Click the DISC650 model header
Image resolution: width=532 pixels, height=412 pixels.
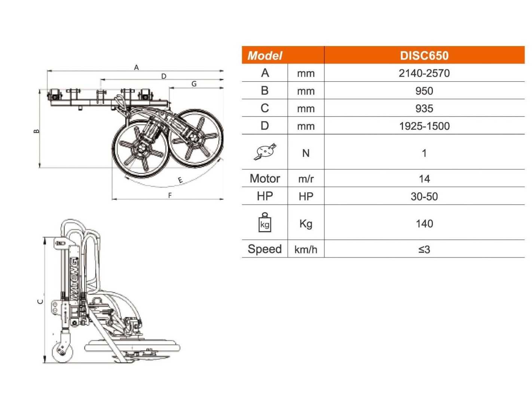click(424, 55)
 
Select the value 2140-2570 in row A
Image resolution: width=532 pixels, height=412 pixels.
click(424, 73)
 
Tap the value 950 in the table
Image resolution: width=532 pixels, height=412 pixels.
click(424, 91)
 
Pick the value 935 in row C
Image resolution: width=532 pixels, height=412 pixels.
click(424, 109)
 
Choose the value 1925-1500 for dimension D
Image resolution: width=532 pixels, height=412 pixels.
click(424, 126)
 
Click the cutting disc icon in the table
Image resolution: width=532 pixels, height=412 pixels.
click(265, 152)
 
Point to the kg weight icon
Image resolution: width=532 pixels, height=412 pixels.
click(265, 222)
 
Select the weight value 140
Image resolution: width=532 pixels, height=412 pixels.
click(424, 224)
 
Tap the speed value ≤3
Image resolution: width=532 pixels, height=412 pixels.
click(424, 249)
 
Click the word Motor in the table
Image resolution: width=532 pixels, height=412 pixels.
click(265, 178)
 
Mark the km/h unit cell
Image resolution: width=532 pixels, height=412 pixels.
click(306, 249)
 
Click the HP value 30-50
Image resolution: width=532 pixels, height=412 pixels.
click(424, 197)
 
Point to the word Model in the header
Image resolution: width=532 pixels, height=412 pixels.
click(265, 56)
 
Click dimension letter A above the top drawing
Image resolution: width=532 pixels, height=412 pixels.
click(136, 67)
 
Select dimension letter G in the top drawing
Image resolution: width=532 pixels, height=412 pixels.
click(194, 84)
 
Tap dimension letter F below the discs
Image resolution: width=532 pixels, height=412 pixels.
click(170, 196)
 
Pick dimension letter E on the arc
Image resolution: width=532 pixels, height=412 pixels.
click(180, 180)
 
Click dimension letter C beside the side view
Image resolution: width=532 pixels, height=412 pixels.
click(40, 302)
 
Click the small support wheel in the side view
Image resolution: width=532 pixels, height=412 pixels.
click(63, 352)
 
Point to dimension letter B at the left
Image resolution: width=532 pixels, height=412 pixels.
click(36, 131)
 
